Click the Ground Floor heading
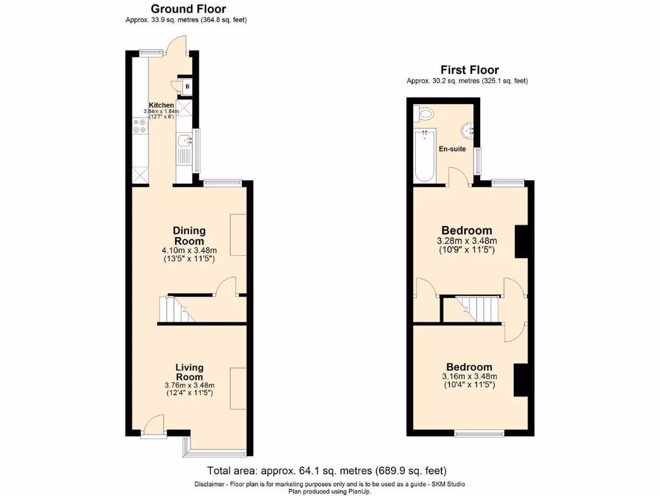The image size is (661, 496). click(188, 9)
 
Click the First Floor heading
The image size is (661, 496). click(469, 70)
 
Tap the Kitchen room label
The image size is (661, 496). click(161, 105)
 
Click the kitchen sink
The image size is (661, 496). click(183, 139)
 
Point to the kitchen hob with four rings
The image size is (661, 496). click(140, 126)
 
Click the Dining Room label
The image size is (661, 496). click(189, 236)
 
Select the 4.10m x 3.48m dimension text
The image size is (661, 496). click(189, 251)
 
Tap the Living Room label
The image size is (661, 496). click(189, 372)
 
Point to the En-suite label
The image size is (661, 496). click(452, 149)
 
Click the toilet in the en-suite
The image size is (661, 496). click(425, 114)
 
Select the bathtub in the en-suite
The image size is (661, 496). click(425, 155)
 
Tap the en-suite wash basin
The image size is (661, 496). click(467, 130)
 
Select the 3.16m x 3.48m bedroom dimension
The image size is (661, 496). click(469, 377)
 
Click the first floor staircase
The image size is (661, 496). click(478, 307)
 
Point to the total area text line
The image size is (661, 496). click(327, 471)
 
